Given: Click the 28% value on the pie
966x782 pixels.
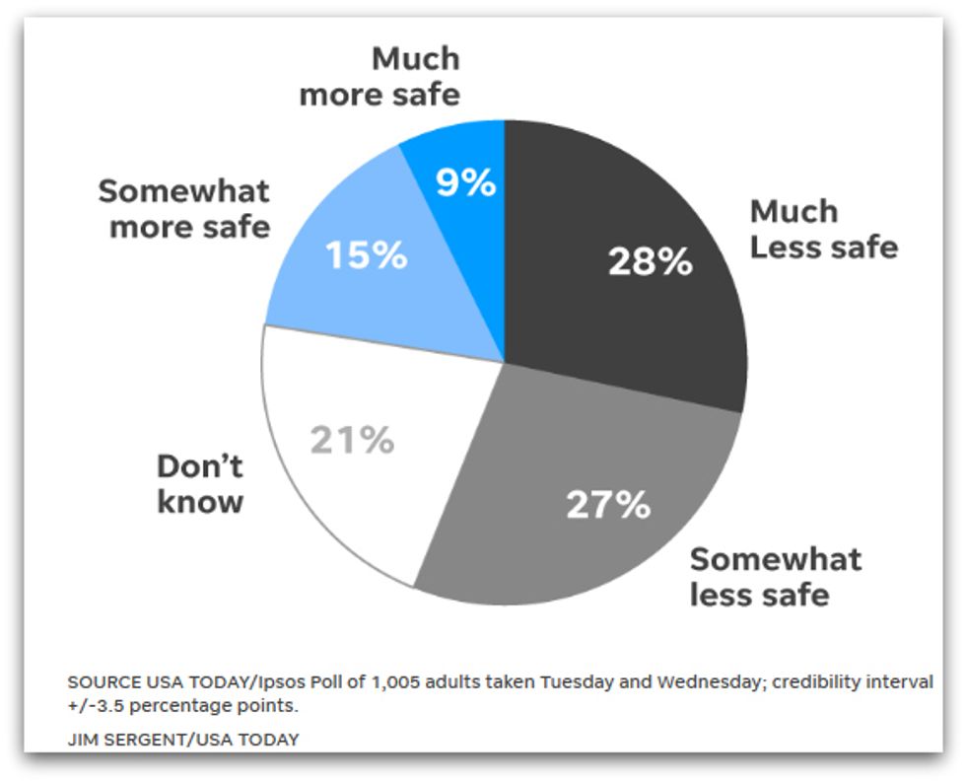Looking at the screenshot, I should (x=650, y=261).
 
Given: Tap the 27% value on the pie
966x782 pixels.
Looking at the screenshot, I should (x=608, y=504).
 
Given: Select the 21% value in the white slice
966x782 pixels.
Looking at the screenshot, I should (x=352, y=440).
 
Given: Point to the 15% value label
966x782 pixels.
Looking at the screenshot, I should (x=366, y=255).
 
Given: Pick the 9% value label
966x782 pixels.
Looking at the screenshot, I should (x=465, y=181).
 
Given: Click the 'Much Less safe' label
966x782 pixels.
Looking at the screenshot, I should (x=823, y=229).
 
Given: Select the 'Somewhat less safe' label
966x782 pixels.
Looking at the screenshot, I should (x=775, y=577).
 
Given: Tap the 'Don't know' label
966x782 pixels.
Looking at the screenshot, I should (x=200, y=483).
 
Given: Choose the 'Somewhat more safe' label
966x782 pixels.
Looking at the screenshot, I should (x=184, y=208).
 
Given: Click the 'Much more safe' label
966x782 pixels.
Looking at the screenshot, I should (x=379, y=76).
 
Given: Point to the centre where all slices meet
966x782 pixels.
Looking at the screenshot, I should (x=504, y=362).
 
